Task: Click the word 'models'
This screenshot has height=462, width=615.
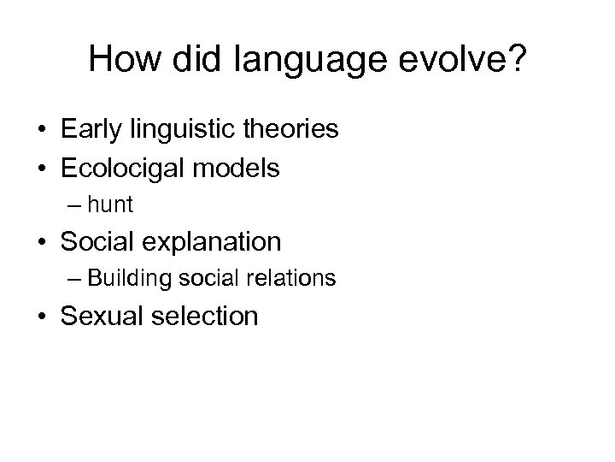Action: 242,168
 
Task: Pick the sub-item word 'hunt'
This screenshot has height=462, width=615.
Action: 110,205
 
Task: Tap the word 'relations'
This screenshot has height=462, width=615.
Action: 290,279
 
